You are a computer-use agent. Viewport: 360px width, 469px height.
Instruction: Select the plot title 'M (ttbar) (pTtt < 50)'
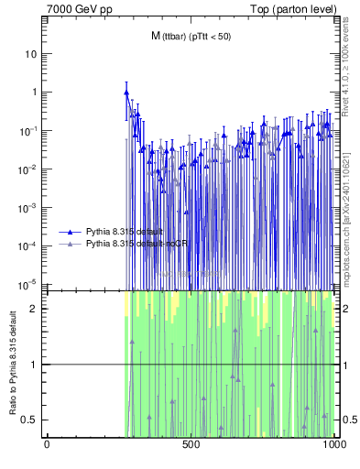(191, 36)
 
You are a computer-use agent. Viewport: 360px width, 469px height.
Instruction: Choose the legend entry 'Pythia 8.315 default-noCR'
(125, 245)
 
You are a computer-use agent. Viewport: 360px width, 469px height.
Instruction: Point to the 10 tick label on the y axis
(30, 53)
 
